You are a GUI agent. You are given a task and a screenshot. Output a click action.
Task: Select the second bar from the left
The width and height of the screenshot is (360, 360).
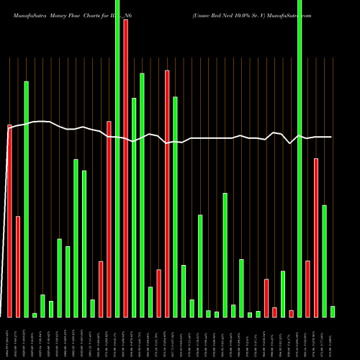(18, 266)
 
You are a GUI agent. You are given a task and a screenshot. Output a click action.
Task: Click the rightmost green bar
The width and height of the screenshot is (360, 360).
(333, 311)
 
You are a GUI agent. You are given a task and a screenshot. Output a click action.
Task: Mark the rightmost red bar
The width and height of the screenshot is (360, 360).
(316, 238)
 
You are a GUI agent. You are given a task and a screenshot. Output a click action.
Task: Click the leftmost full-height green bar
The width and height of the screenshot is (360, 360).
(117, 158)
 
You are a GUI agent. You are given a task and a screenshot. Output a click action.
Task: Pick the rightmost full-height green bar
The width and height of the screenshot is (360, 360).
(300, 158)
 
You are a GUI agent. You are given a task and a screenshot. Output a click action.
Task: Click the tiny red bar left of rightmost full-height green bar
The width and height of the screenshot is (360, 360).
(291, 313)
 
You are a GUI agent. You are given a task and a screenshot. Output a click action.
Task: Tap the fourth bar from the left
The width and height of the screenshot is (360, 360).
(35, 315)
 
